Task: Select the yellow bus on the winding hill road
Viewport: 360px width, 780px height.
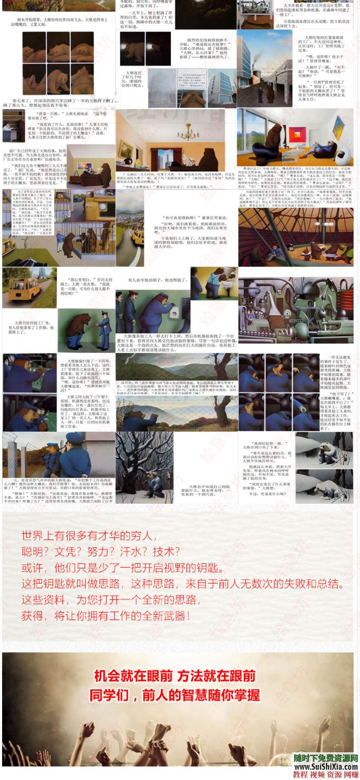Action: tap(137, 235)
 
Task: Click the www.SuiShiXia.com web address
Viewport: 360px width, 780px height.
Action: tap(326, 766)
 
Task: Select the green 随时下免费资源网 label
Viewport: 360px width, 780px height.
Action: tap(326, 758)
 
